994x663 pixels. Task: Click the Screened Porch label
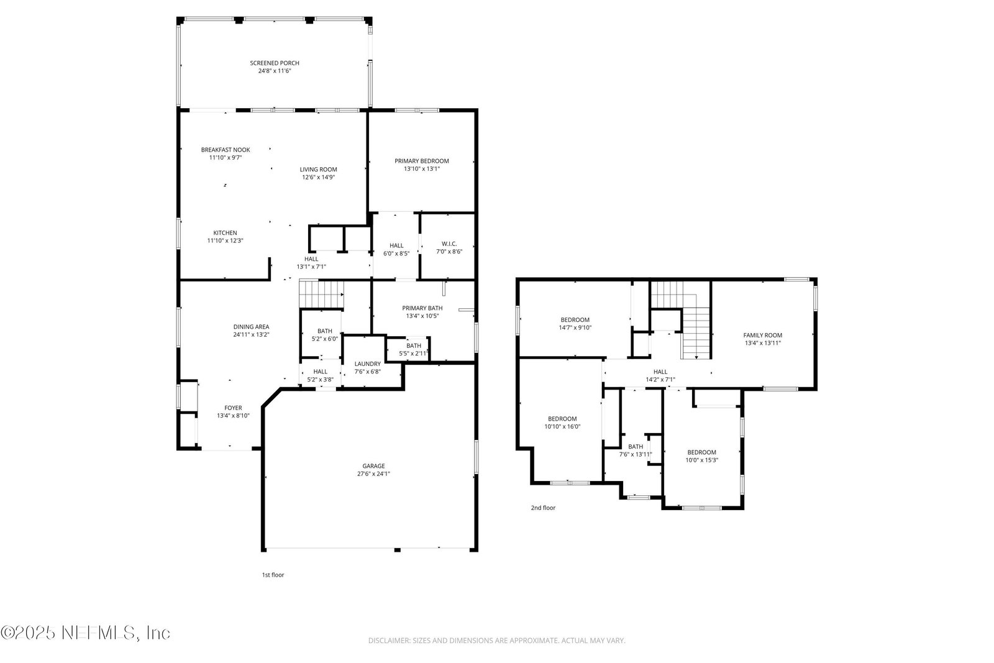274,63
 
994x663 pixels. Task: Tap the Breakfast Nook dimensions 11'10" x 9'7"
226,158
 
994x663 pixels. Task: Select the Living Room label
318,169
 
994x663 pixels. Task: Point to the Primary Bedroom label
422,161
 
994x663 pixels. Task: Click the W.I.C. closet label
449,244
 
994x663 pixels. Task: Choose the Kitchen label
225,232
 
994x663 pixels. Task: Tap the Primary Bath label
422,308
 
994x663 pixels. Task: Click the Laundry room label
367,364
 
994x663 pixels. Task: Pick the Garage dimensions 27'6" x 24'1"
373,473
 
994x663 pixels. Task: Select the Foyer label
233,408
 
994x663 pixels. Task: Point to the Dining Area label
251,327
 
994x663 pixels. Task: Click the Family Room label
763,335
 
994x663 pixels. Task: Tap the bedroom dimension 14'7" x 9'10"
575,327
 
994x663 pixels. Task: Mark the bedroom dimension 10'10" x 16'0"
562,426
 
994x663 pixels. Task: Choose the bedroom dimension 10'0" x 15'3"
701,460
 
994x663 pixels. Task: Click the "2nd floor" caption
543,508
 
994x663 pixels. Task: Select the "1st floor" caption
273,575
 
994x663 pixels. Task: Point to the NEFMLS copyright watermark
85,633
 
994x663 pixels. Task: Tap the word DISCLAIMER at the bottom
389,641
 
